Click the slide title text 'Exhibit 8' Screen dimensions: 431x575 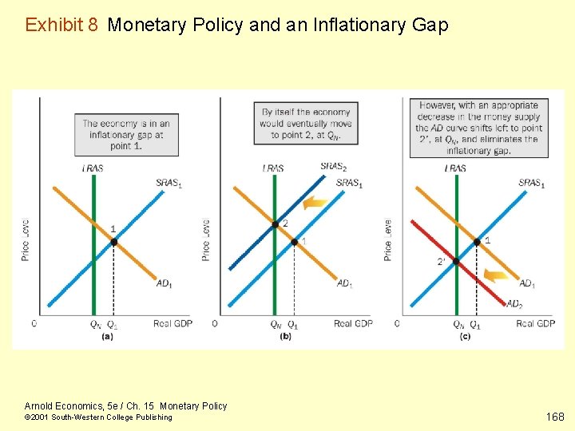pyautogui.click(x=62, y=25)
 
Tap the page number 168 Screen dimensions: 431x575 pyautogui.click(x=555, y=417)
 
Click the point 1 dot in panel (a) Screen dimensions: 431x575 pyautogui.click(x=113, y=241)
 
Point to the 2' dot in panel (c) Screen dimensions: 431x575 pyautogui.click(x=456, y=261)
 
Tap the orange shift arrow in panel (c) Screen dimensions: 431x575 pyautogui.click(x=497, y=275)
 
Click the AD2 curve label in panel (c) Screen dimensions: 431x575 pyautogui.click(x=514, y=303)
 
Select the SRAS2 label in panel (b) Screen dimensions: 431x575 pyautogui.click(x=333, y=167)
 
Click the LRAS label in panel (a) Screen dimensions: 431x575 pyautogui.click(x=93, y=168)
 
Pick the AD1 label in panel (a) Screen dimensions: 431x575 pyautogui.click(x=164, y=283)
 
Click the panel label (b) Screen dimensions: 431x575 pyautogui.click(x=285, y=336)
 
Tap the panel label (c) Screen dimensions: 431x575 pyautogui.click(x=466, y=336)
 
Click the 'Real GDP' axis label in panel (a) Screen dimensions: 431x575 pyautogui.click(x=172, y=323)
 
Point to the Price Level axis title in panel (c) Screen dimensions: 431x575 pyautogui.click(x=388, y=239)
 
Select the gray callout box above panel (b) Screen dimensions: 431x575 pyautogui.click(x=304, y=123)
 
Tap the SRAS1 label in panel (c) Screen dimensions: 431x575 pyautogui.click(x=531, y=184)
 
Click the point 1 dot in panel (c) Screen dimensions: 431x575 pyautogui.click(x=478, y=241)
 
